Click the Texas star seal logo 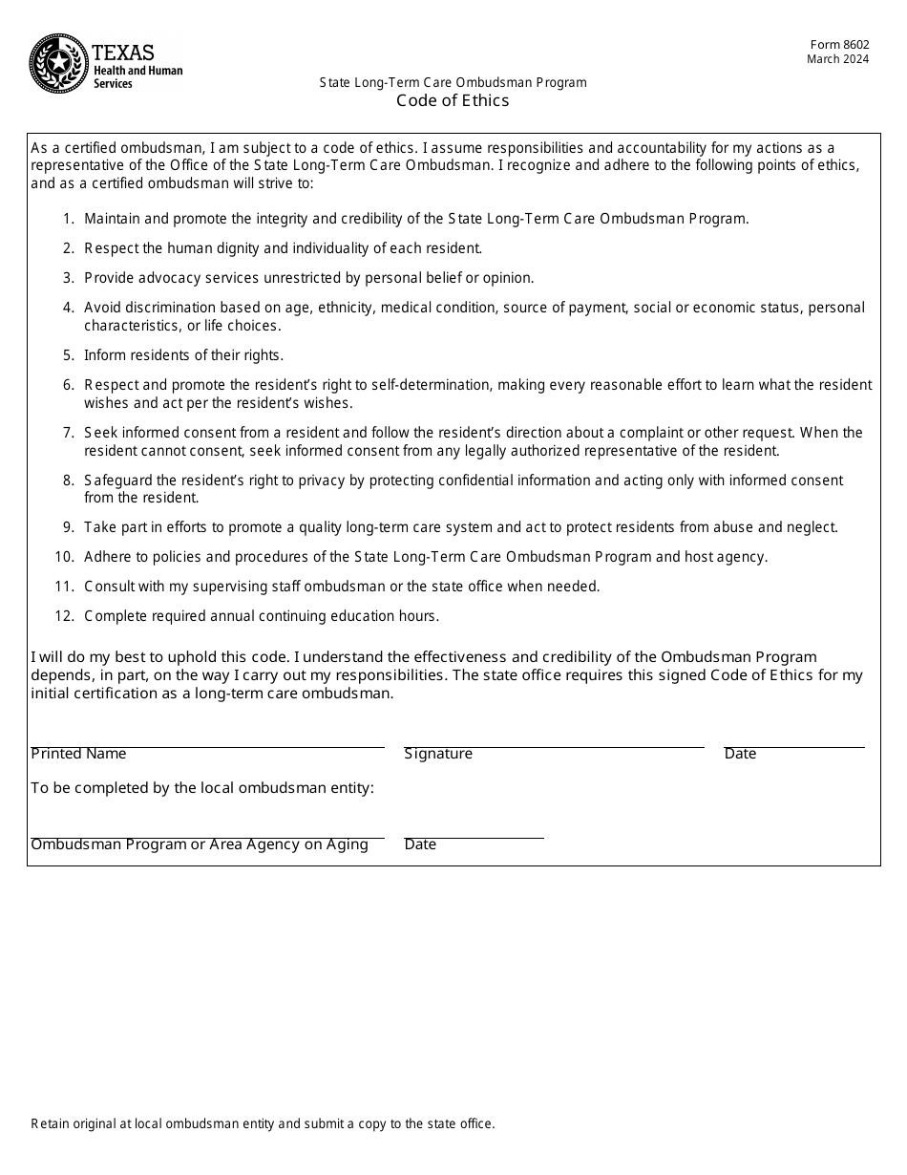[x=59, y=63]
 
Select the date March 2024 [x=837, y=59]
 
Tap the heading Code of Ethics [x=453, y=100]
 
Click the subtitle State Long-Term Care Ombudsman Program [x=453, y=83]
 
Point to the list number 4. [x=69, y=308]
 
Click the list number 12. [x=64, y=616]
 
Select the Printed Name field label [x=78, y=754]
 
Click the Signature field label [x=438, y=754]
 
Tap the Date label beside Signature [x=740, y=754]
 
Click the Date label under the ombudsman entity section [x=420, y=844]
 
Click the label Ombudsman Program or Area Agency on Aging [x=200, y=844]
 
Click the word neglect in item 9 [x=812, y=527]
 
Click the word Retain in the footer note [x=49, y=1124]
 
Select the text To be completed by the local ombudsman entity [x=202, y=788]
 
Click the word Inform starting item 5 [x=104, y=355]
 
